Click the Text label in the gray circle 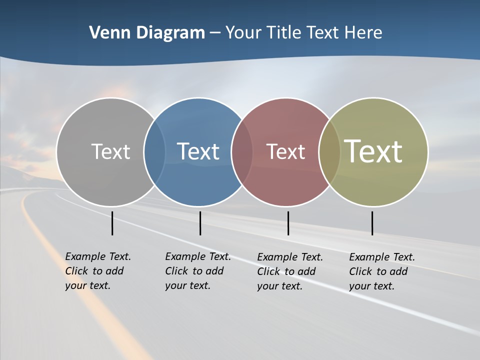(x=110, y=151)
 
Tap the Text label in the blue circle (x=198, y=151)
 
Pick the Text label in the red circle (x=285, y=151)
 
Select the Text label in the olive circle (x=373, y=151)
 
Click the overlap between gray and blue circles (x=154, y=151)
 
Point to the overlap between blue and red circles (x=242, y=151)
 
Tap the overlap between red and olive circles (x=329, y=151)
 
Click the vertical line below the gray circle (x=112, y=223)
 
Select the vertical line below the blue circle (x=200, y=223)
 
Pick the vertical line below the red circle (x=288, y=223)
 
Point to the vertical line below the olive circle (x=372, y=223)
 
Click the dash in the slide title (x=215, y=32)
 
